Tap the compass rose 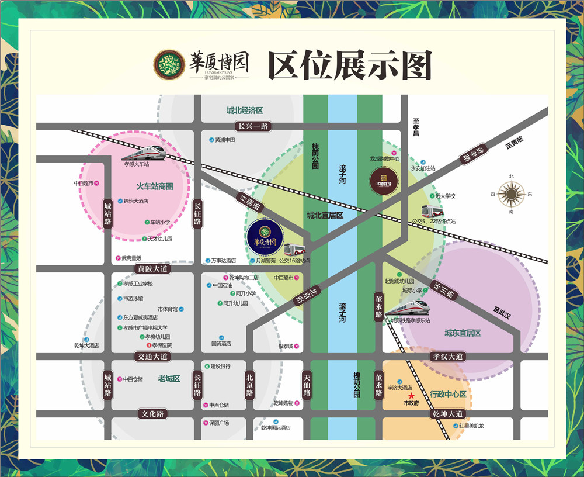point(511,193)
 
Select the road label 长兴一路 point(252,126)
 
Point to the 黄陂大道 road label point(152,269)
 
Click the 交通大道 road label point(152,356)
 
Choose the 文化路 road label point(153,414)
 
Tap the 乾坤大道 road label point(449,414)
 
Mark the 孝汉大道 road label point(449,356)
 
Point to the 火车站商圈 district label point(155,186)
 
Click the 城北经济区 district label point(245,110)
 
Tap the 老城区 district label point(169,379)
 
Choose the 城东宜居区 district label point(463,333)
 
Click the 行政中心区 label point(448,395)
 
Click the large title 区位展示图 point(349,65)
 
